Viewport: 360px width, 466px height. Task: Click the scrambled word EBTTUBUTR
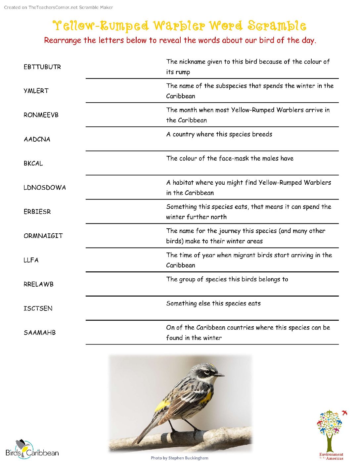42,67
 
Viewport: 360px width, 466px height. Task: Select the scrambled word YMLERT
36,91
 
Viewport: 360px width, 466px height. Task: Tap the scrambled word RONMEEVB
41,115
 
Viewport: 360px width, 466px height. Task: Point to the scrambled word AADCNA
37,139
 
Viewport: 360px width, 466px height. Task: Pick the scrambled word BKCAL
33,163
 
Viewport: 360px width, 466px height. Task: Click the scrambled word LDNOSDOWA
45,188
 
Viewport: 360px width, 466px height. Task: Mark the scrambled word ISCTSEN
38,308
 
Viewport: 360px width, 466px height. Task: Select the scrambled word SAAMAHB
40,333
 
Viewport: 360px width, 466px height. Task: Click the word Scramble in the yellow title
277,26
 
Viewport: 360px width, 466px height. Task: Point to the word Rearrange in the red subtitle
63,40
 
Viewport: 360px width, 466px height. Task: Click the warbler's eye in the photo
207,372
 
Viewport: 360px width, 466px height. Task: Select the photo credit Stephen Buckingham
180,458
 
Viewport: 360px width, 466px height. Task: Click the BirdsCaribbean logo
32,449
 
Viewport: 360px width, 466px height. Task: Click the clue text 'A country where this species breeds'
219,134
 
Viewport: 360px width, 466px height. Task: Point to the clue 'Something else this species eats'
213,303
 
